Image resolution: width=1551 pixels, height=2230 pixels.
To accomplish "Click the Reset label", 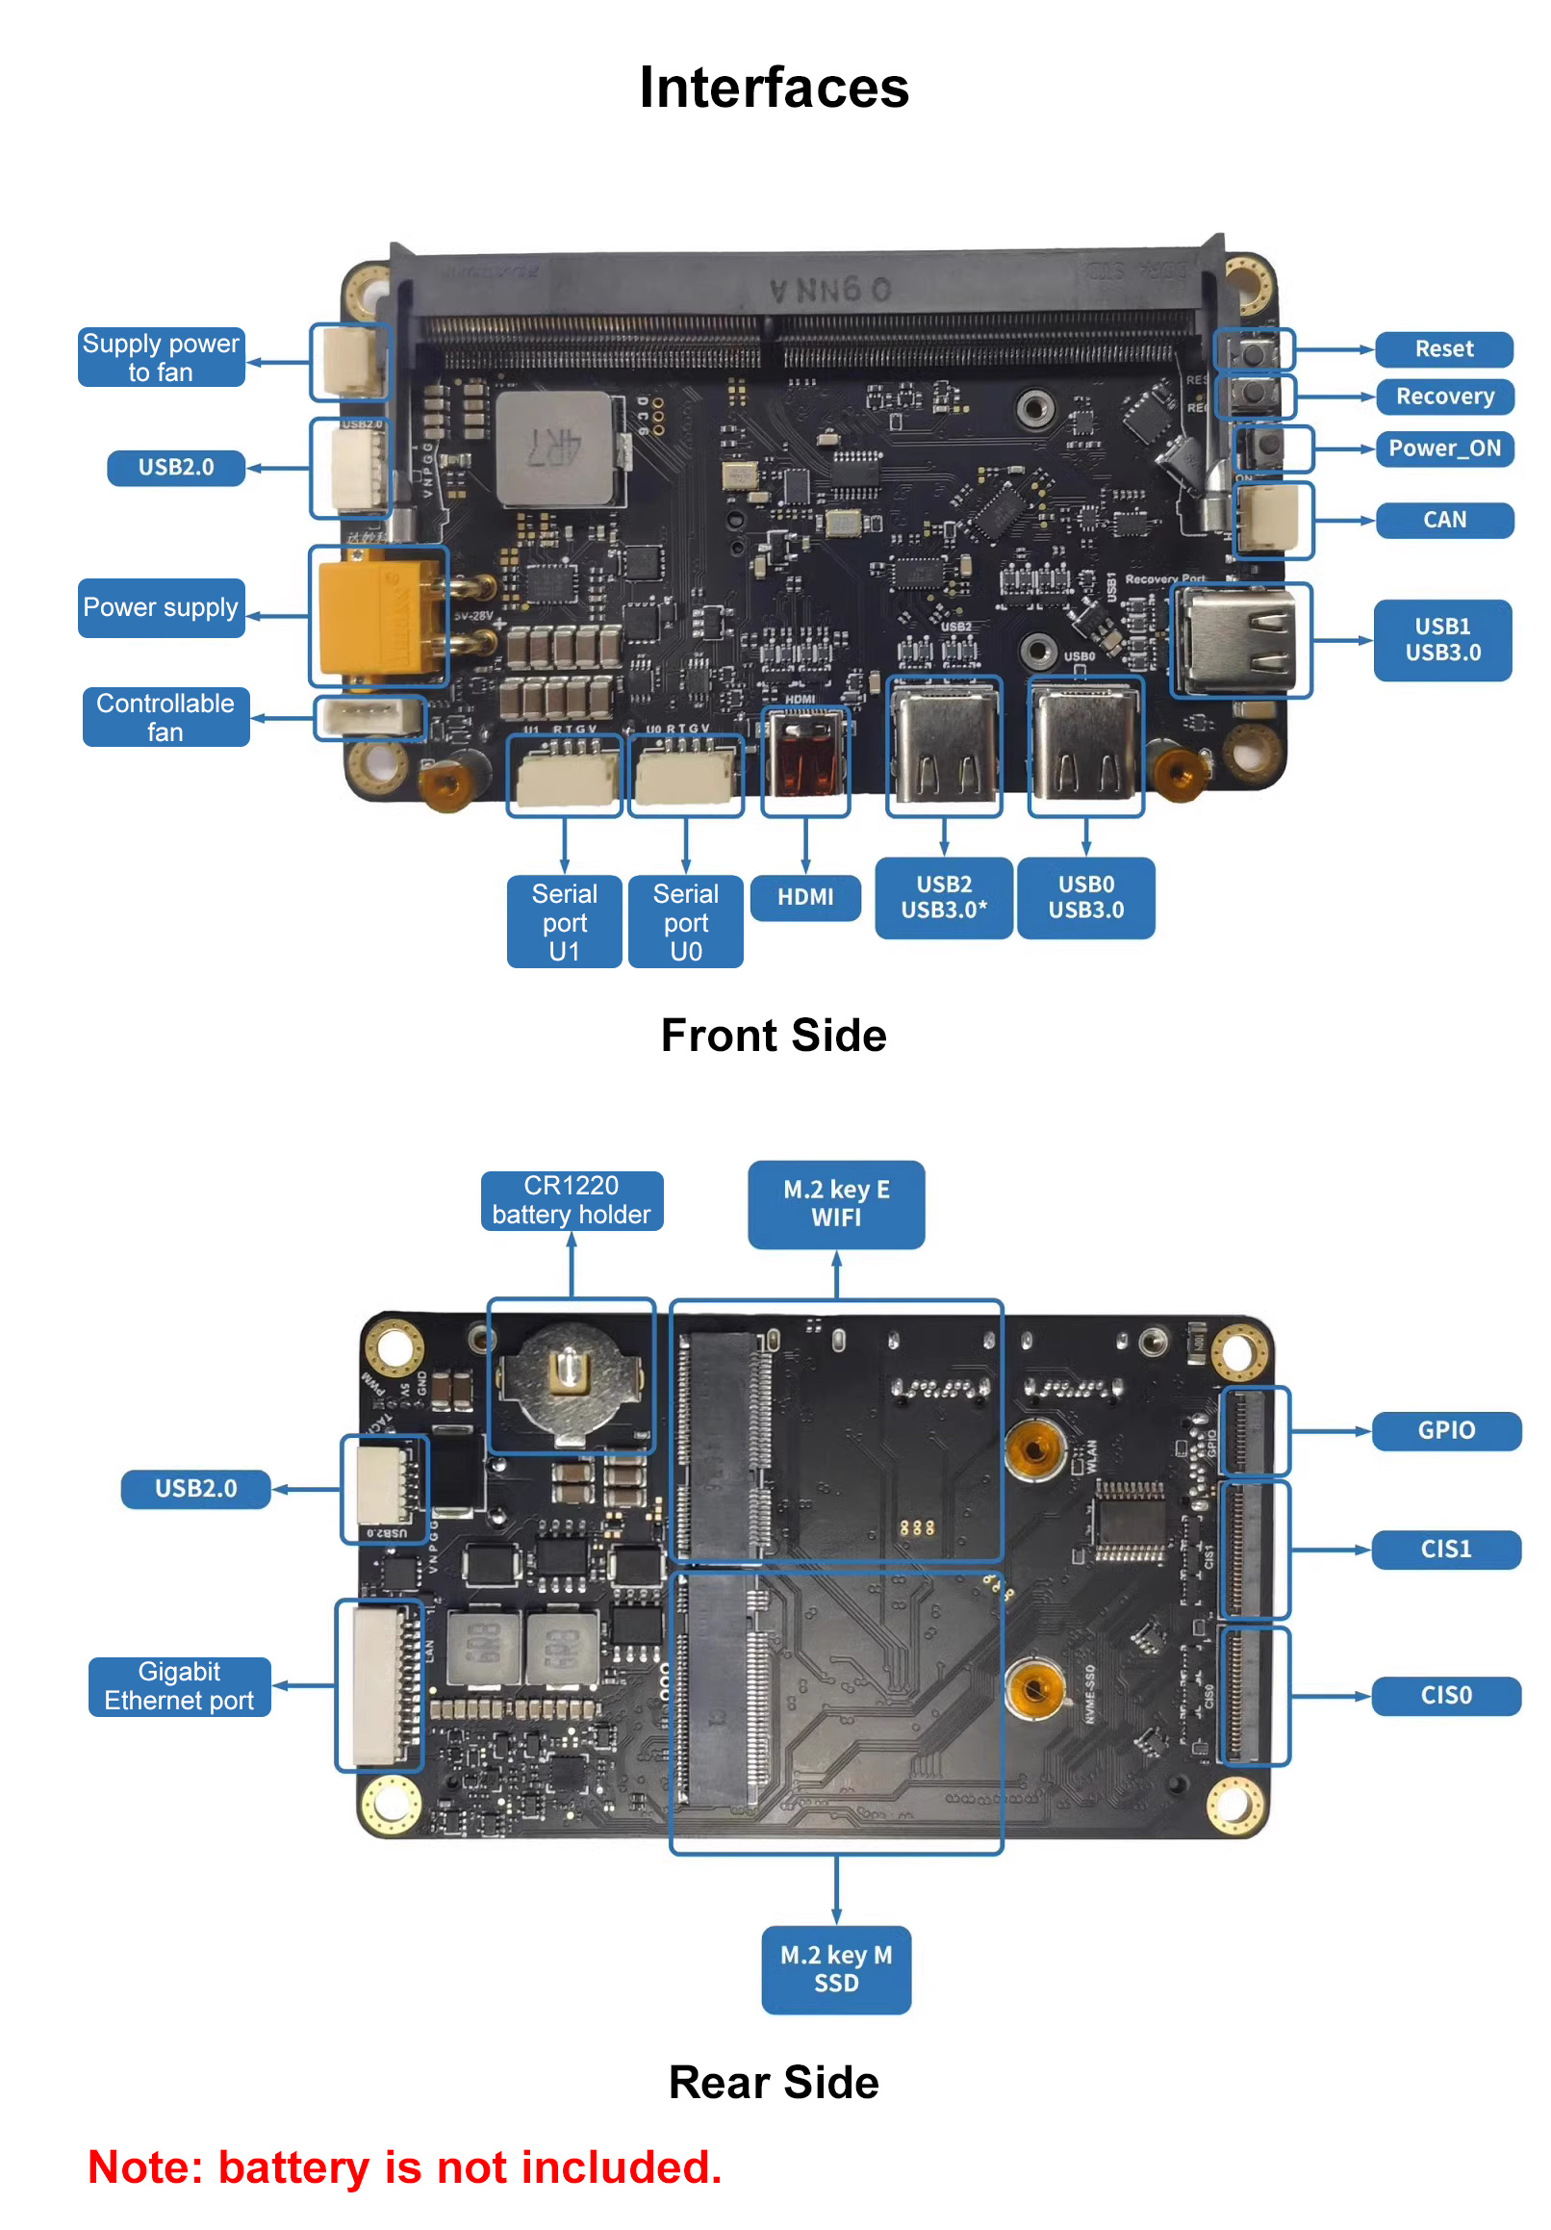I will pyautogui.click(x=1443, y=348).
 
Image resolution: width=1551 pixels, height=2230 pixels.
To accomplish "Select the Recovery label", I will pyautogui.click(x=1443, y=397).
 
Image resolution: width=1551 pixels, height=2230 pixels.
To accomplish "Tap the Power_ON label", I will pyautogui.click(x=1443, y=448).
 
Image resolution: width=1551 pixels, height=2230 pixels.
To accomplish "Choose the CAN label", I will pyautogui.click(x=1443, y=520).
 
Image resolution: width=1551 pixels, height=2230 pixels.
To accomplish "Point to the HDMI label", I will pyautogui.click(x=804, y=896).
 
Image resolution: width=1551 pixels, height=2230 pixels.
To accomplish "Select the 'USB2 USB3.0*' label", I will pyautogui.click(x=942, y=896).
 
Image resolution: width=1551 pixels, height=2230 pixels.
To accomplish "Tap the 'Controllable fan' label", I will pyautogui.click(x=165, y=717).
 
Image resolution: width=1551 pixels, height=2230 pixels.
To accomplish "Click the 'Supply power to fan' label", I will pyautogui.click(x=161, y=357).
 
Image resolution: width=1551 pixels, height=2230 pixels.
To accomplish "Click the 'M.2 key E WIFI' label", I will pyautogui.click(x=835, y=1203).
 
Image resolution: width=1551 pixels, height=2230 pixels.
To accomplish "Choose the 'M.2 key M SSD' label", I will pyautogui.click(x=835, y=1968).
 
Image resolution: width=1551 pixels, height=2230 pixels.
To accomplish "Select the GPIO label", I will pyautogui.click(x=1445, y=1429).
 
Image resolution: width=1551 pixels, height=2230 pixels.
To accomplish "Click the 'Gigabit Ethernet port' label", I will pyautogui.click(x=179, y=1685).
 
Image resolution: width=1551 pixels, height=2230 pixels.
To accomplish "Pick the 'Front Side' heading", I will pyautogui.click(x=773, y=1036).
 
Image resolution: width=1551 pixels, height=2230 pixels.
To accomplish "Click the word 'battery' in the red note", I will pyautogui.click(x=294, y=2167).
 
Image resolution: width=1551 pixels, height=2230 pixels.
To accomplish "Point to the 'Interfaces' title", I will pyautogui.click(x=773, y=88).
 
